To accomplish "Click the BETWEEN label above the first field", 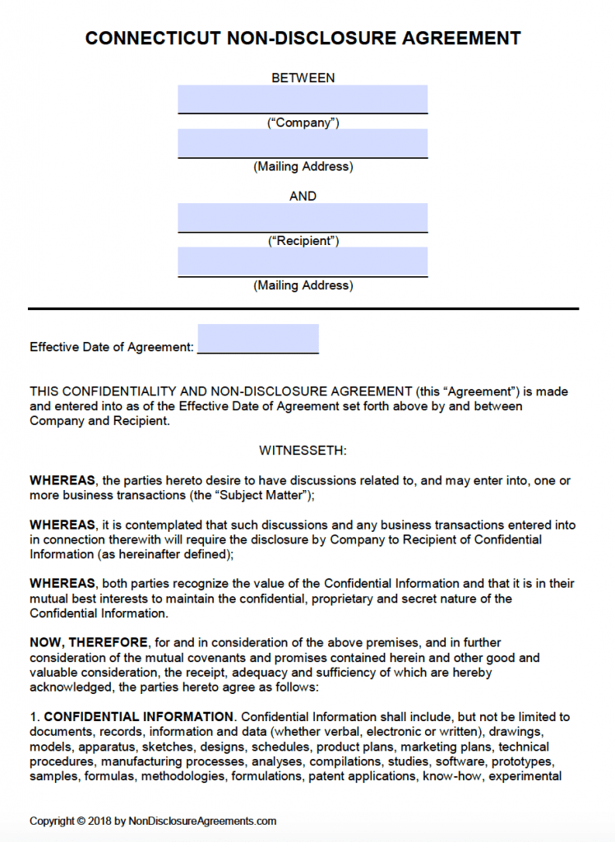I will tap(303, 78).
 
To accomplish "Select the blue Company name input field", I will tap(303, 99).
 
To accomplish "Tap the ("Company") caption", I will tap(303, 123).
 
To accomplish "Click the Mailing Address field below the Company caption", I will tap(303, 143).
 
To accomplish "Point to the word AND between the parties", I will tap(303, 197).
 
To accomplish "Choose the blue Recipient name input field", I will tap(303, 218).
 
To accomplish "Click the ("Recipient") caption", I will tap(303, 241).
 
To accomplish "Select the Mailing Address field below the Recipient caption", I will tap(303, 261).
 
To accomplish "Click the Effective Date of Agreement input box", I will tap(257, 339).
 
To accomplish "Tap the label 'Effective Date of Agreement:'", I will tap(112, 347).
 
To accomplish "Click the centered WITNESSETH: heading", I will tap(303, 451).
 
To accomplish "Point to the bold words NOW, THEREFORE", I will tap(89, 642).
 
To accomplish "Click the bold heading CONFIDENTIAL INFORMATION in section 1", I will tap(139, 717).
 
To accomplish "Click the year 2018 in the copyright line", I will tap(99, 821).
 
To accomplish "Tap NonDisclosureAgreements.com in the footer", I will tap(202, 821).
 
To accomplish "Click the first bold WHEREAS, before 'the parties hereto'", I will tap(62, 480).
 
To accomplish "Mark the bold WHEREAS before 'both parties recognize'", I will tap(62, 584).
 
